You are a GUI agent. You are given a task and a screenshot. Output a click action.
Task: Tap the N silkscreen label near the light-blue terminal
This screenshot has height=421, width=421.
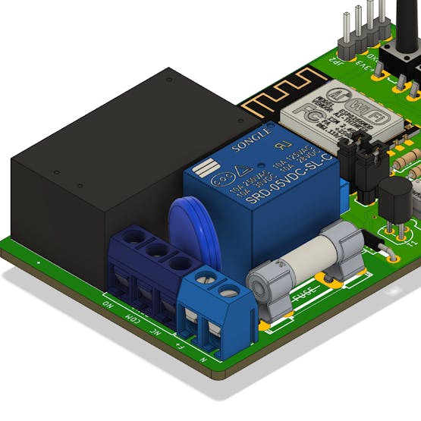pos(203,357)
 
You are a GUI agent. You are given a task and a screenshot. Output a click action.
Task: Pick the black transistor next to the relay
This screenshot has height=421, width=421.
pos(394,200)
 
